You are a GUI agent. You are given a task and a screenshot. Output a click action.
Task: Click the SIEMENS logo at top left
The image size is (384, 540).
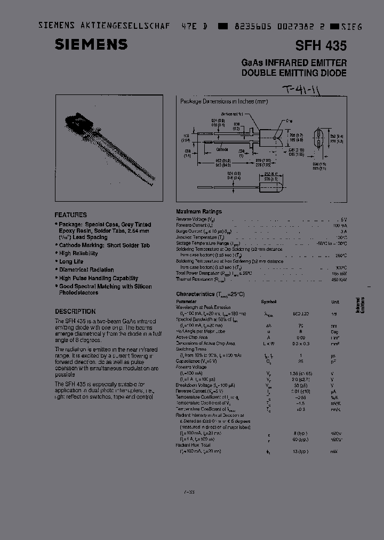point(91,44)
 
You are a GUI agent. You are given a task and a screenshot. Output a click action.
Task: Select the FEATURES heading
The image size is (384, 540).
point(70,215)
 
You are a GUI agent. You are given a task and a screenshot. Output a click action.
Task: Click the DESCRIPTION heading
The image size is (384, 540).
point(75,311)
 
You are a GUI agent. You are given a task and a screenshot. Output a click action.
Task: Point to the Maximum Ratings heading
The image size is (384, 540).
point(198,211)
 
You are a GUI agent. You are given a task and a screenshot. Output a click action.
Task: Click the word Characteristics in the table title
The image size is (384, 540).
point(194,294)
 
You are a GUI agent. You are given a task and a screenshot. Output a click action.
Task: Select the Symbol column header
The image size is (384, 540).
point(269,301)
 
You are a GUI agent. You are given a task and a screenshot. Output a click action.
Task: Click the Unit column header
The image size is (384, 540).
point(335,301)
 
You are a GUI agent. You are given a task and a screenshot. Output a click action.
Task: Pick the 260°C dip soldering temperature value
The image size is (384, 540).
point(340,255)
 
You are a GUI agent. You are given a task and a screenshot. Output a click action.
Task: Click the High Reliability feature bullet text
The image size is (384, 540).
point(78,253)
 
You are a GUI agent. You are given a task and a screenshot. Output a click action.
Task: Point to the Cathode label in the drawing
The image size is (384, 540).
point(221,150)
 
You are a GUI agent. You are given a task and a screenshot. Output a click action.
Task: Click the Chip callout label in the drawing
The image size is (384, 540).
point(289,121)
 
